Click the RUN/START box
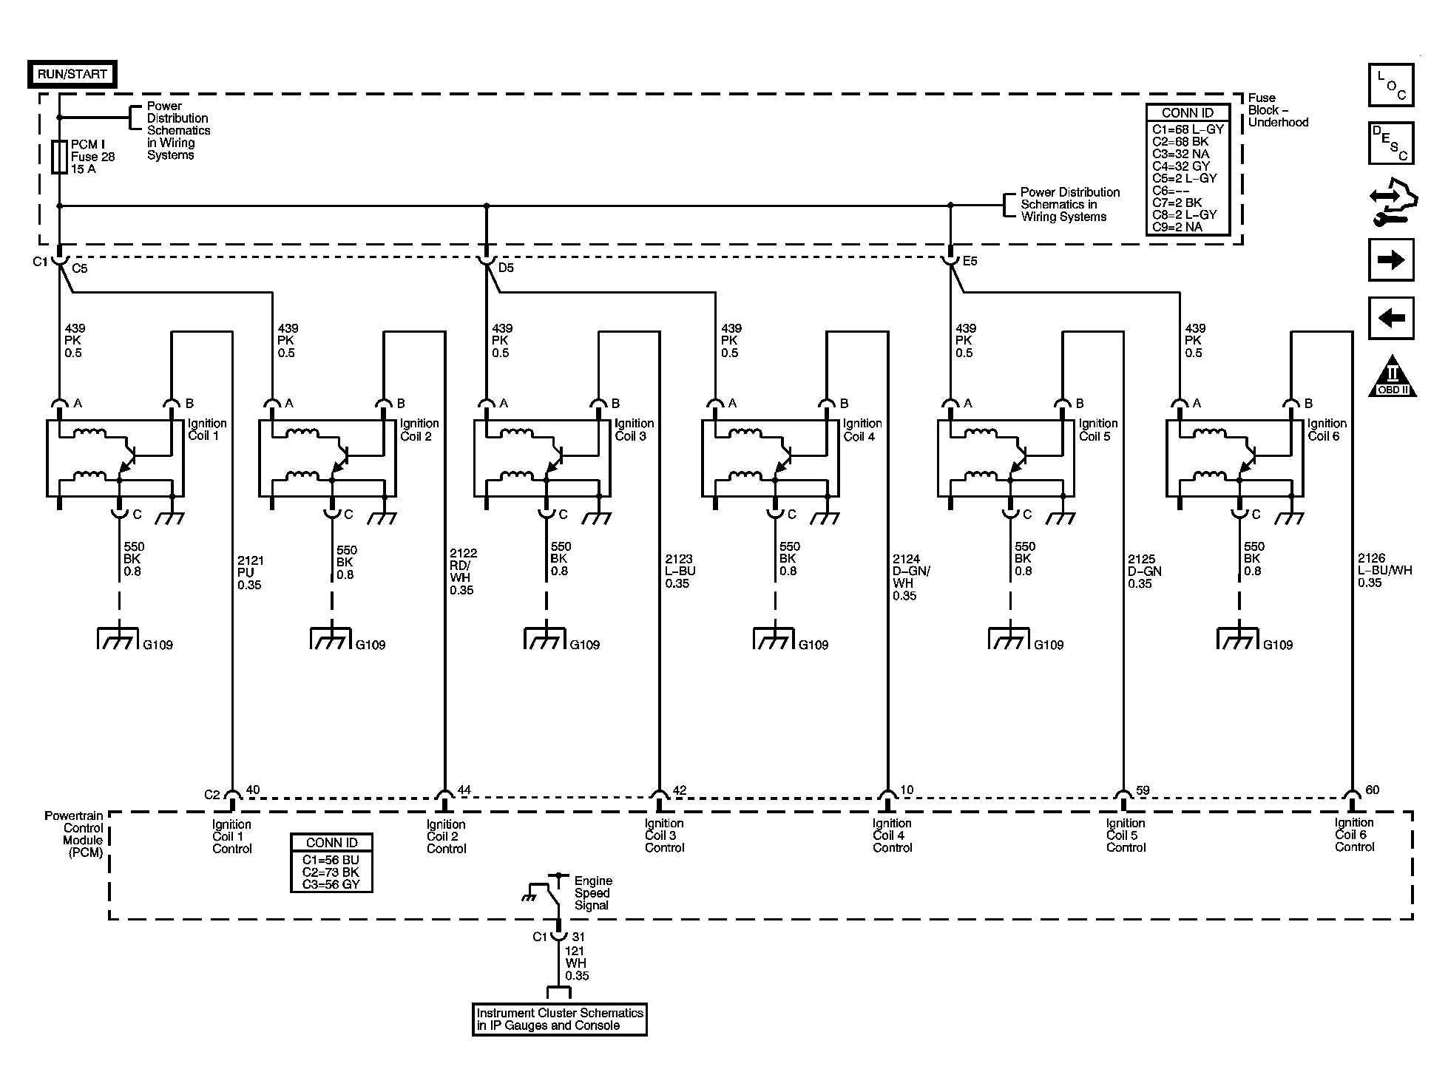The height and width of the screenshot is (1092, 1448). [72, 74]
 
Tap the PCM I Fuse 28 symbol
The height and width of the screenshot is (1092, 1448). [59, 157]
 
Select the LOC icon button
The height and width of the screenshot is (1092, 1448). [1391, 86]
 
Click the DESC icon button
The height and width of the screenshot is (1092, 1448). [1391, 143]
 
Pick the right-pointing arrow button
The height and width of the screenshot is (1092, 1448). [1391, 260]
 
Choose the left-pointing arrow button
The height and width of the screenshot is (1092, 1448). [1391, 318]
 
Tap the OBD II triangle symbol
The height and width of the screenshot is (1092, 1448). [1393, 376]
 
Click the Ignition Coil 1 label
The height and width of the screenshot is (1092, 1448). [206, 430]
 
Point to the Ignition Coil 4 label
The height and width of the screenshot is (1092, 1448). [862, 430]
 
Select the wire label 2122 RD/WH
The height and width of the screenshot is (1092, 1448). [462, 572]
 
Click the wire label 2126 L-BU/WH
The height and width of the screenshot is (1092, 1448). [1384, 571]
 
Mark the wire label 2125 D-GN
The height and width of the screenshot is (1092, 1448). [1144, 572]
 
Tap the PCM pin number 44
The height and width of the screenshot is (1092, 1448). [464, 790]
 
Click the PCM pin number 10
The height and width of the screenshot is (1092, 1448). [907, 790]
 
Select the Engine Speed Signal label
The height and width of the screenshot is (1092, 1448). [593, 893]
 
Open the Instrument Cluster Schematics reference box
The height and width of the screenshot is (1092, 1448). [559, 1020]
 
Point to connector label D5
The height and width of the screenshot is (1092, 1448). [506, 268]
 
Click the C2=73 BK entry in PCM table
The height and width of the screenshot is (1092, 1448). [331, 872]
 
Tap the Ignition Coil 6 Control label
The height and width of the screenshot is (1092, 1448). [1354, 835]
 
